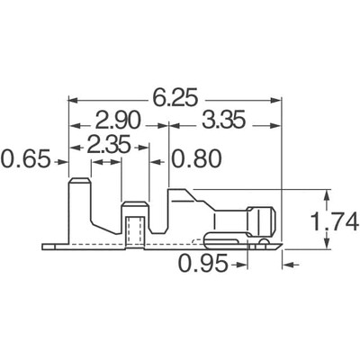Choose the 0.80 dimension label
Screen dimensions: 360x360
(195, 162)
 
